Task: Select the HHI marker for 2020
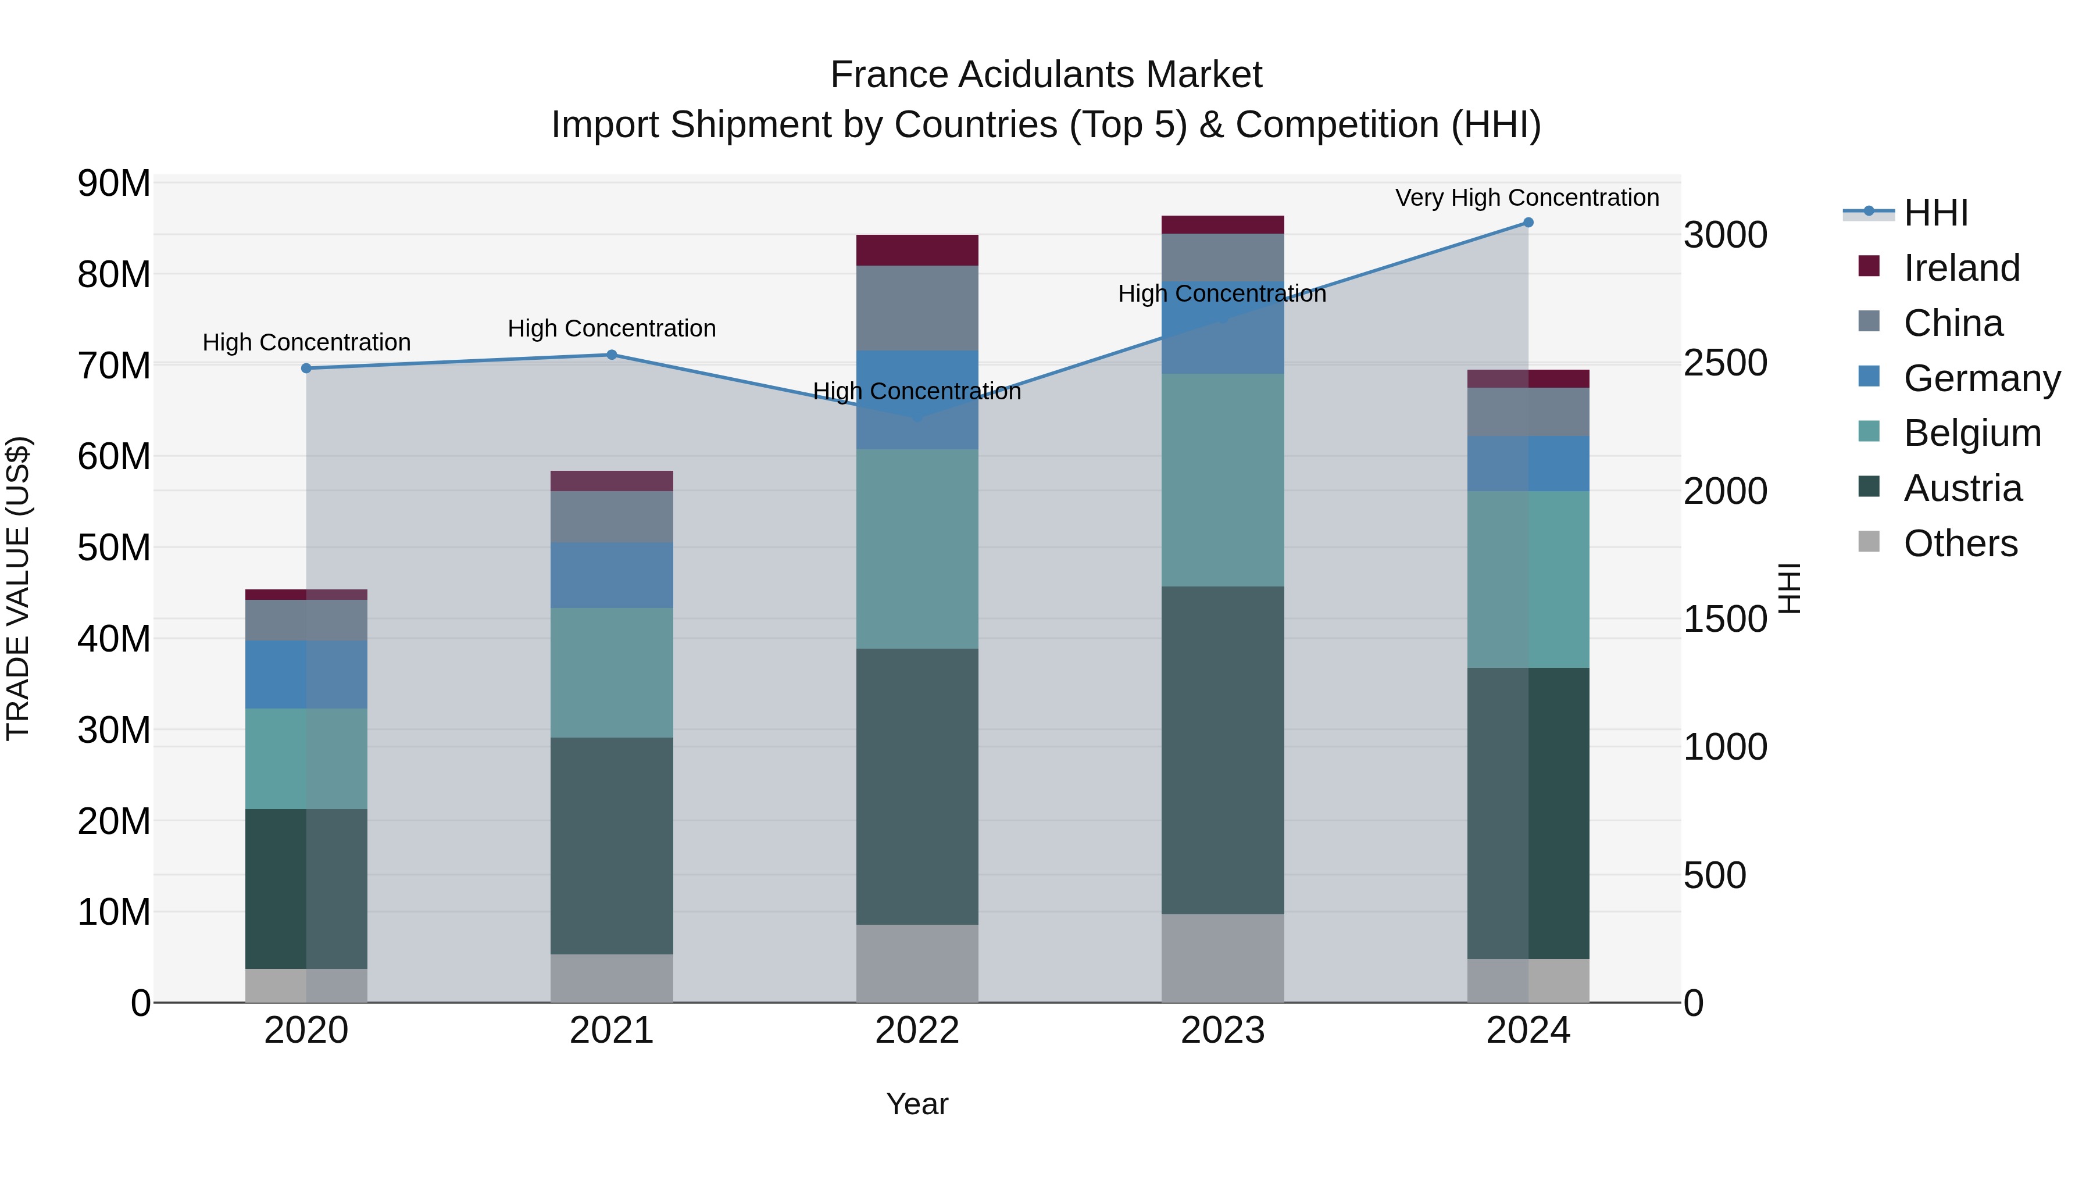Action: tap(306, 368)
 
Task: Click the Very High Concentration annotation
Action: tap(1527, 198)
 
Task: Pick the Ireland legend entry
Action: tap(1960, 268)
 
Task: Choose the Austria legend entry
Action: tap(1962, 488)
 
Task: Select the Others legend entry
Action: tap(1960, 543)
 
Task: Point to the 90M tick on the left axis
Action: tap(114, 184)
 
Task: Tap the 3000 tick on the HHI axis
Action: tap(1725, 235)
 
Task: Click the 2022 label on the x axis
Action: tap(917, 1031)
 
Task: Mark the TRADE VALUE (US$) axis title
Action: tap(19, 588)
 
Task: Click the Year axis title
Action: tap(917, 1104)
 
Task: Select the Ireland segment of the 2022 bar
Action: tap(917, 250)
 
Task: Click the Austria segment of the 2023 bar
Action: tap(1223, 750)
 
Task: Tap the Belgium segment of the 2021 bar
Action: tap(612, 672)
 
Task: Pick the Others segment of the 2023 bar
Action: tap(1223, 958)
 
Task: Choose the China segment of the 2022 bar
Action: tap(917, 308)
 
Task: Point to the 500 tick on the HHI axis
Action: tap(1715, 876)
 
